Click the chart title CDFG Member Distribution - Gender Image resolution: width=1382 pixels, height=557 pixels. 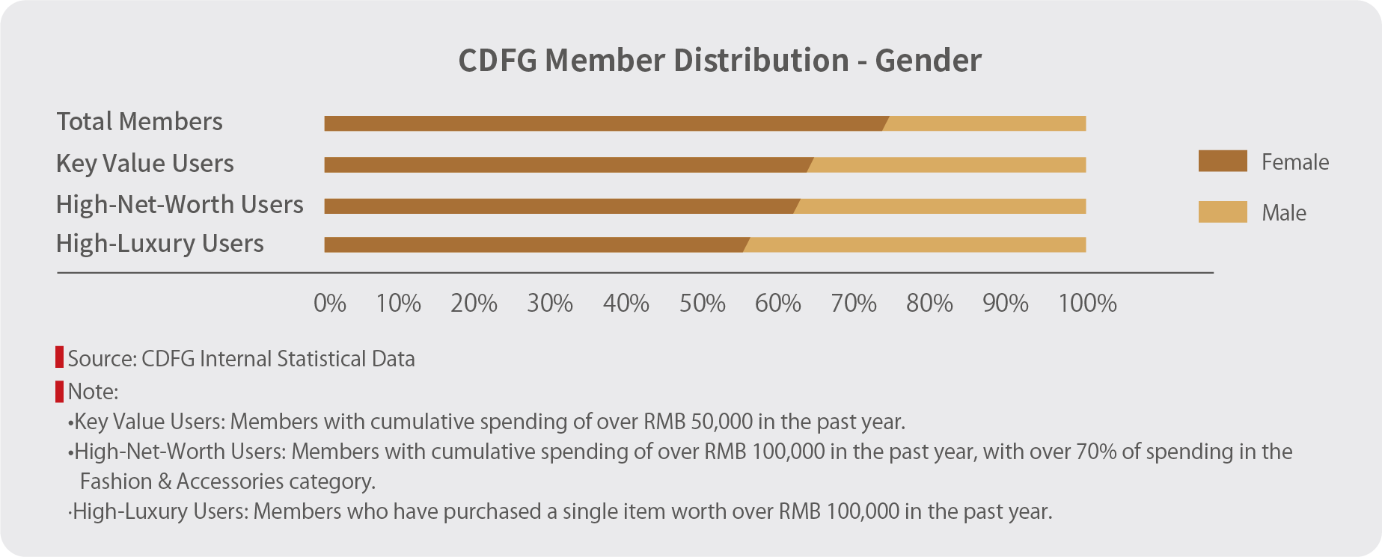click(719, 61)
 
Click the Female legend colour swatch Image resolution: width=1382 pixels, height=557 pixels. click(1222, 161)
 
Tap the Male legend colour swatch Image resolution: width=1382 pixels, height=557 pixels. click(1222, 212)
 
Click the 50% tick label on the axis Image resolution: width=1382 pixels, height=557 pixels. click(702, 304)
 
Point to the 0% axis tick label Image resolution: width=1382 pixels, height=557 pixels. click(329, 304)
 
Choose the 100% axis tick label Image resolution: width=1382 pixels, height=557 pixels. click(1086, 304)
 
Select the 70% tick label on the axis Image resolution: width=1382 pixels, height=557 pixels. click(854, 304)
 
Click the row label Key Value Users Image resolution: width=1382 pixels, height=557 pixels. click(145, 164)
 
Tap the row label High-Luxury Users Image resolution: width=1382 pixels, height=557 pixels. click(160, 244)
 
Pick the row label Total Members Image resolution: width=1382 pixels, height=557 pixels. click(140, 122)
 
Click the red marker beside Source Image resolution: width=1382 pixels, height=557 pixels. click(60, 357)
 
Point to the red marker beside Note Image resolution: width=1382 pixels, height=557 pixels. click(60, 391)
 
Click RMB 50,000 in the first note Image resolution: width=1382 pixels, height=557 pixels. click(697, 422)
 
